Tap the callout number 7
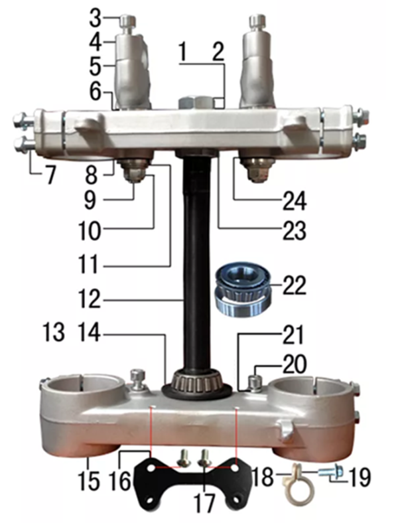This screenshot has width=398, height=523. (50, 175)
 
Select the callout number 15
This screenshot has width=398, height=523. (89, 481)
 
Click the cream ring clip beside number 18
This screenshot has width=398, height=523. (295, 486)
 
